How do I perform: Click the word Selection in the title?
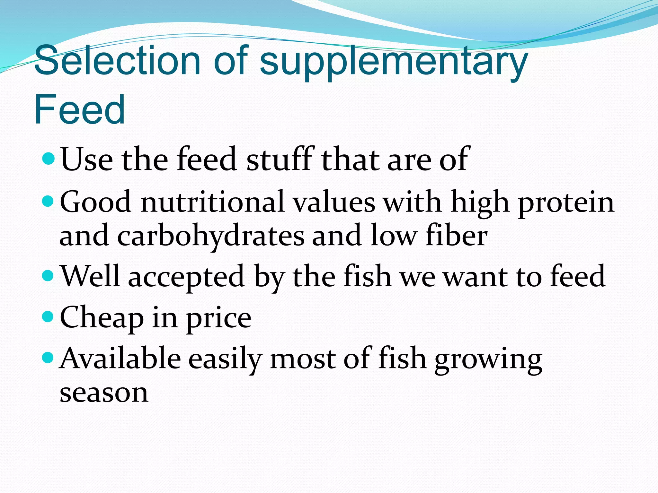(117, 60)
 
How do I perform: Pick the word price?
(219, 318)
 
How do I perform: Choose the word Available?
(120, 359)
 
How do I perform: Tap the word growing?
(488, 359)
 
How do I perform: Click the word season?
(104, 393)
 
